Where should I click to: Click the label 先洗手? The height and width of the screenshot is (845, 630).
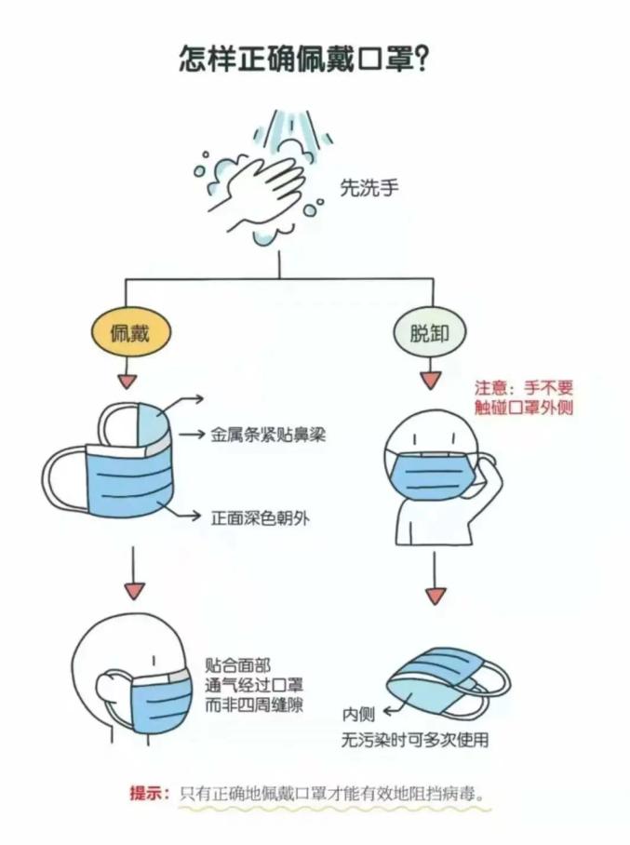[x=369, y=188]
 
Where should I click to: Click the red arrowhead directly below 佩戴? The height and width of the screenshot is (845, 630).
[x=129, y=382]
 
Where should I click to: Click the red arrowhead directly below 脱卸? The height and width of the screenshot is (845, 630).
[x=429, y=381]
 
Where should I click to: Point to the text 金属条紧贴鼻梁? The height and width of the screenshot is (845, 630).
[x=267, y=434]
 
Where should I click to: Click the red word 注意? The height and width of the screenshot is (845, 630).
[x=492, y=387]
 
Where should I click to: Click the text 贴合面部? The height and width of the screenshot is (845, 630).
[x=238, y=666]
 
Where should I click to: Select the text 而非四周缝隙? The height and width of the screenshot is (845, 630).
[x=254, y=704]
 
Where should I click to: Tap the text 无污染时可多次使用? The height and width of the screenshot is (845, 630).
[x=413, y=742]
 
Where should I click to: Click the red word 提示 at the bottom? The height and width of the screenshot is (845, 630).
[x=148, y=794]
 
